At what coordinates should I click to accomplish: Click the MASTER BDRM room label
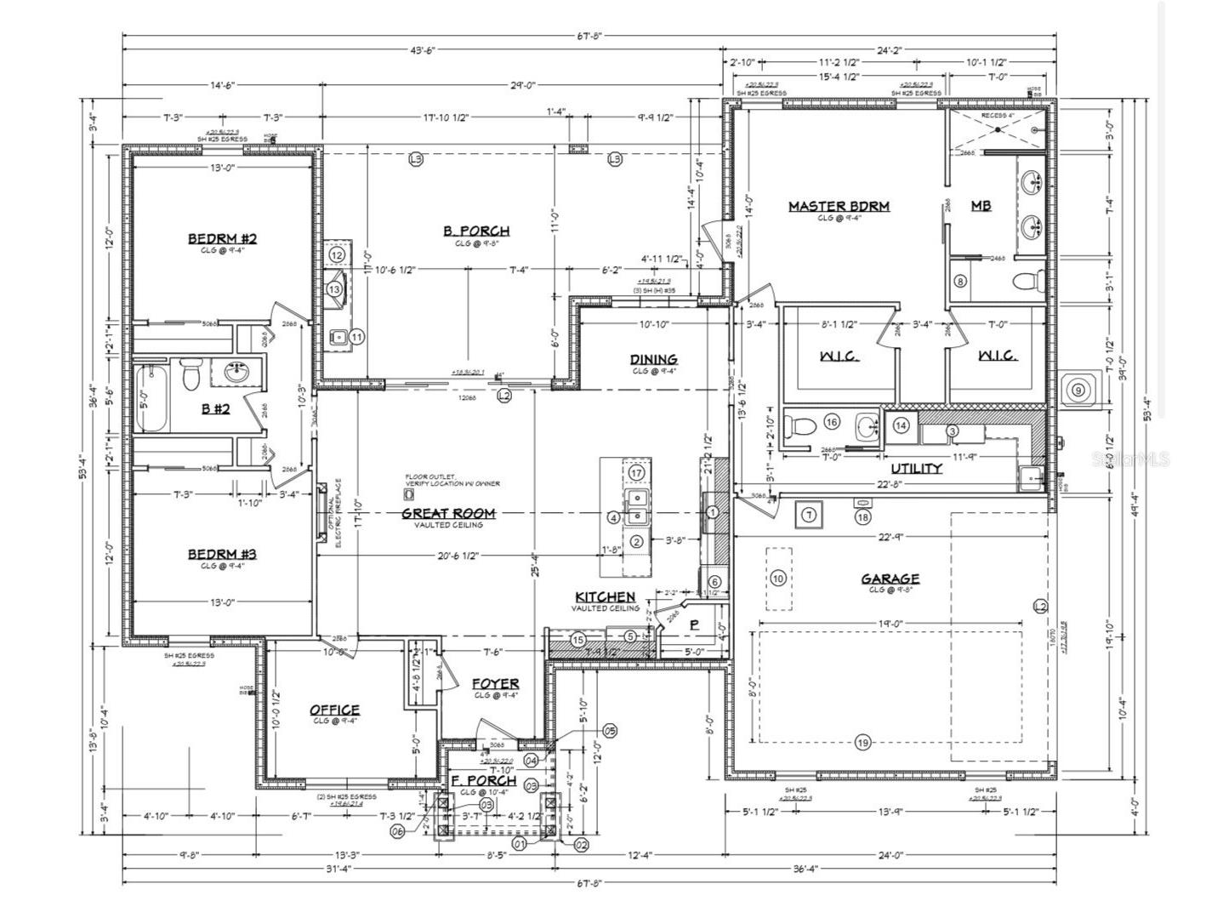(839, 206)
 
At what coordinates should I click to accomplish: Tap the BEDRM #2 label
(222, 238)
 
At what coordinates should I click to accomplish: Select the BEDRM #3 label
(222, 555)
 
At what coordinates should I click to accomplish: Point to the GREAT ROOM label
(448, 513)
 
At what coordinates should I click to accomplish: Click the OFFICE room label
(334, 710)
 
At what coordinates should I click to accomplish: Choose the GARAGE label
(890, 579)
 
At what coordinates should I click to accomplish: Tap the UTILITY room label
(916, 468)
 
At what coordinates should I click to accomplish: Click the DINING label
(653, 359)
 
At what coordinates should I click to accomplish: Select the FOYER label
(495, 683)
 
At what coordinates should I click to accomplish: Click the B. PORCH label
(476, 231)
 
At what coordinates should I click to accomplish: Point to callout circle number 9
(1078, 391)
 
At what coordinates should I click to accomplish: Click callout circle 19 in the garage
(862, 743)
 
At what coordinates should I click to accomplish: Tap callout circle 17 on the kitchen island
(636, 473)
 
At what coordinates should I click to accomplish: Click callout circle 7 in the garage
(809, 514)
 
